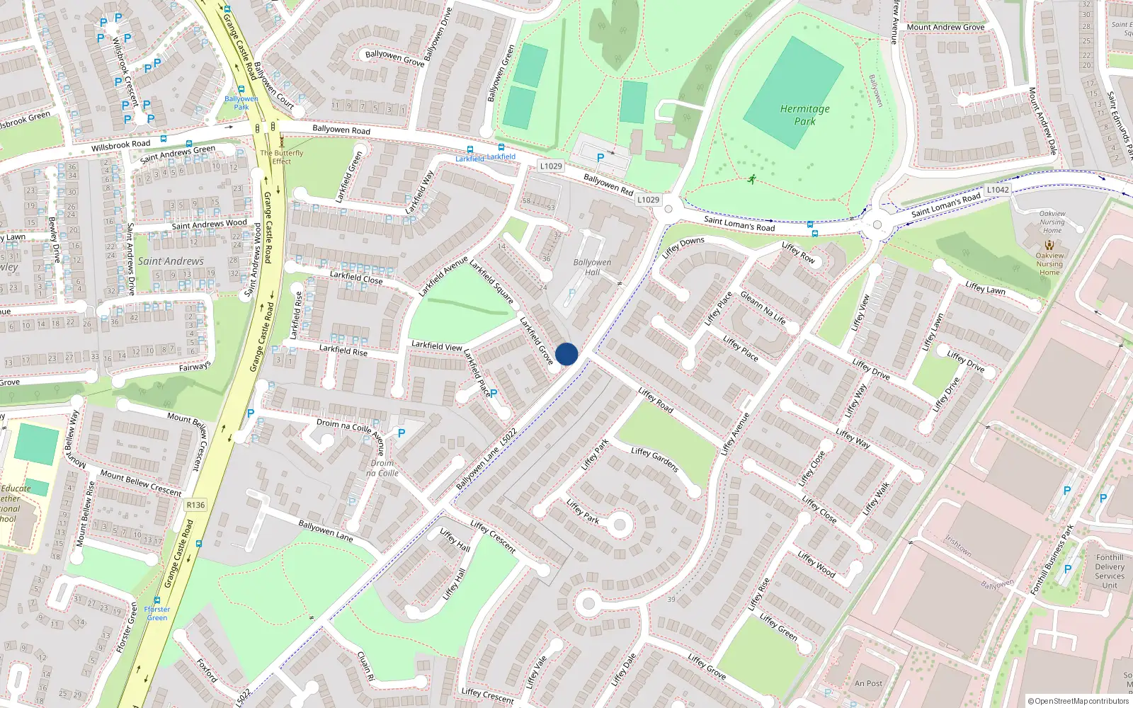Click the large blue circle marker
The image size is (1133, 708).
tap(566, 354)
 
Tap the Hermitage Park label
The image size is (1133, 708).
tap(804, 115)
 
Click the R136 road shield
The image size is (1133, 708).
tap(195, 505)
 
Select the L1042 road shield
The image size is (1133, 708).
tap(998, 190)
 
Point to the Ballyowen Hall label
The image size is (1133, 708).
tap(592, 267)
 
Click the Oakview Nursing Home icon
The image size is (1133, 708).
tap(1049, 244)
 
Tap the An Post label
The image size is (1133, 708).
tap(869, 683)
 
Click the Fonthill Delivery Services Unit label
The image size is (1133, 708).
tap(1109, 571)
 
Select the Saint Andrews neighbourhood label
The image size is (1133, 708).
tap(171, 261)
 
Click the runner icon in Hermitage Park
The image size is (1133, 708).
tap(751, 178)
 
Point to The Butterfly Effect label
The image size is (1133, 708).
tap(282, 156)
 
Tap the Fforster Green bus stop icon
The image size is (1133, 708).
tap(157, 600)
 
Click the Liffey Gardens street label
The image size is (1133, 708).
tap(655, 460)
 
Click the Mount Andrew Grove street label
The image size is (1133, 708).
tap(945, 27)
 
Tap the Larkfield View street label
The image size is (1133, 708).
tap(437, 346)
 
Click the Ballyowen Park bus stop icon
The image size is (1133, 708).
tap(241, 90)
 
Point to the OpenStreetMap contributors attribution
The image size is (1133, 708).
tap(1078, 701)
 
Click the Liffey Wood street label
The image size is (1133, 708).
tap(816, 564)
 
